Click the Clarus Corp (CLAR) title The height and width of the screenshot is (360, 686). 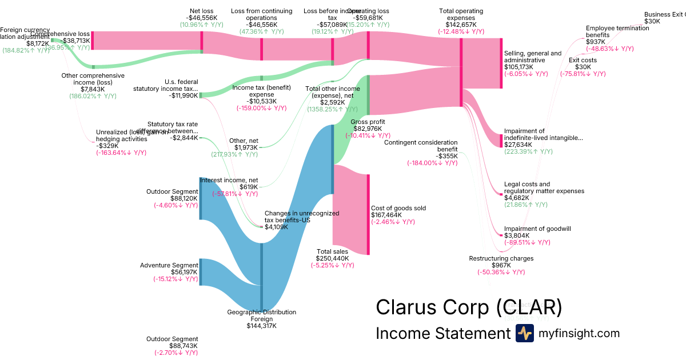tap(469, 307)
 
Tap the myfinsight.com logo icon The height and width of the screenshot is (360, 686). tap(524, 334)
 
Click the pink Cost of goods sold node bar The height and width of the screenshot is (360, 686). tap(368, 214)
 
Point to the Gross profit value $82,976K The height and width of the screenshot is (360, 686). tap(368, 129)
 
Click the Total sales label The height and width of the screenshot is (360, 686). tap(332, 251)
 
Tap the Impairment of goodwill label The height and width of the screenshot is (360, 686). tap(537, 229)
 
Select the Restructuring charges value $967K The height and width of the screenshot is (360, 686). tap(501, 265)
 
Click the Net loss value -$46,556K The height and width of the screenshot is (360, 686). tap(202, 18)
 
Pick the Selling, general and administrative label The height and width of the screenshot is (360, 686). tap(533, 57)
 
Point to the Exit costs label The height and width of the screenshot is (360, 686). tap(583, 60)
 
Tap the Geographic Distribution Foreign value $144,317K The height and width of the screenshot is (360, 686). tap(262, 326)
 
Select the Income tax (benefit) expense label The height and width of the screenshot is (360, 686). tap(261, 91)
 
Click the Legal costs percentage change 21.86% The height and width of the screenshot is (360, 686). tap(528, 205)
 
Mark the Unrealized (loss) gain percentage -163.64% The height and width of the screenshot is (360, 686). tap(121, 153)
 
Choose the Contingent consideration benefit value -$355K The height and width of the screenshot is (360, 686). tap(446, 156)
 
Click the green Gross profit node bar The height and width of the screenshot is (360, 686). tap(368, 94)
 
